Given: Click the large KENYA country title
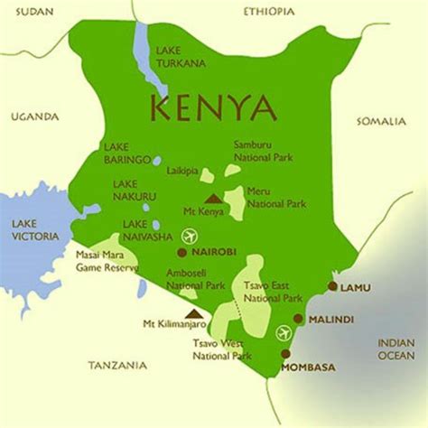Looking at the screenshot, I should tap(213, 107).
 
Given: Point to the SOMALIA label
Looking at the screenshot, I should tap(382, 120).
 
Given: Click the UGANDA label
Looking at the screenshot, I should tap(34, 116).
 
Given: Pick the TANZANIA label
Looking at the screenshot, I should tap(116, 365).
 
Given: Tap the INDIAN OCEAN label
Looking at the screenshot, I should tap(395, 349).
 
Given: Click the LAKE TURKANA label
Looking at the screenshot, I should tap(181, 57).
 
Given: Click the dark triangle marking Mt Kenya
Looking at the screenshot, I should tap(214, 199).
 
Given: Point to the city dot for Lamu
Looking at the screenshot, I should tap(332, 286).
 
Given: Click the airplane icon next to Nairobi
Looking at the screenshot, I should tap(188, 237).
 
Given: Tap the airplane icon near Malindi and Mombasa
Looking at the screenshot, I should tap(286, 330).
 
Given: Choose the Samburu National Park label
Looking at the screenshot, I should tap(258, 152).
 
